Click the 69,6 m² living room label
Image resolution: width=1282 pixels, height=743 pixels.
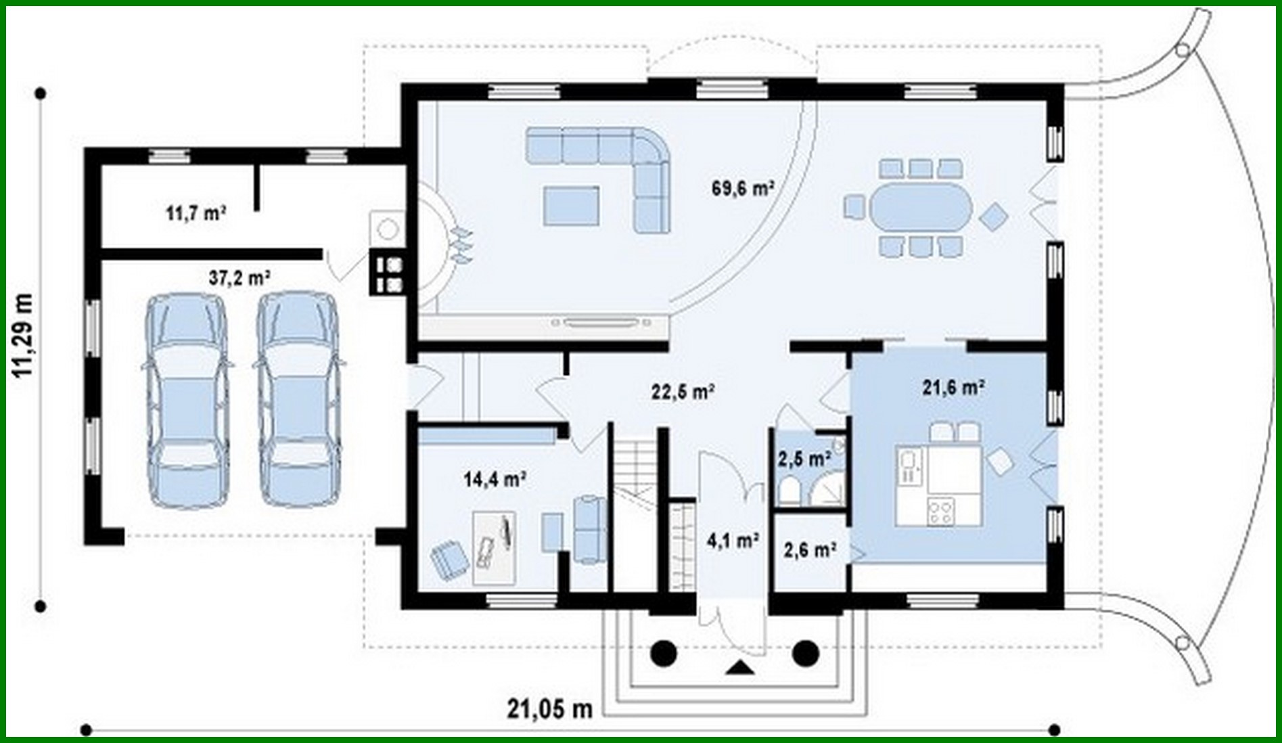742,188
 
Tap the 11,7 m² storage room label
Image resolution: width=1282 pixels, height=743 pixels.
196,214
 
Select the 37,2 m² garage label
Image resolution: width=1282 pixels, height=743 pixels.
239,277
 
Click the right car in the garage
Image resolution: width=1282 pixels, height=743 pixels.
298,399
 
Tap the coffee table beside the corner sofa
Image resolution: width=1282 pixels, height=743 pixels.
571,206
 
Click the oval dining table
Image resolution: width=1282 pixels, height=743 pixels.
921,207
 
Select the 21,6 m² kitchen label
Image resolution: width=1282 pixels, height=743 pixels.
953,387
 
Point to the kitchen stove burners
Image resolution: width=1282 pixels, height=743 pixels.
940,510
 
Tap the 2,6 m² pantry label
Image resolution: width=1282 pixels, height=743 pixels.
810,549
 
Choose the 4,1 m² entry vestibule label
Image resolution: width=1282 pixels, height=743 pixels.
732,541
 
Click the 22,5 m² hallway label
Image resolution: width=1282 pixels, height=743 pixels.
683,392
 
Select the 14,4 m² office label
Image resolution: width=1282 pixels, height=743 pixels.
495,480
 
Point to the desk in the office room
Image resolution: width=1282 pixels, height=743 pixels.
493,547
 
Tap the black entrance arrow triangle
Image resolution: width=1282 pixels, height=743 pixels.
741,669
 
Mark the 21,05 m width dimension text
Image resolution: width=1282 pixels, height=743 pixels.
549,708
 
